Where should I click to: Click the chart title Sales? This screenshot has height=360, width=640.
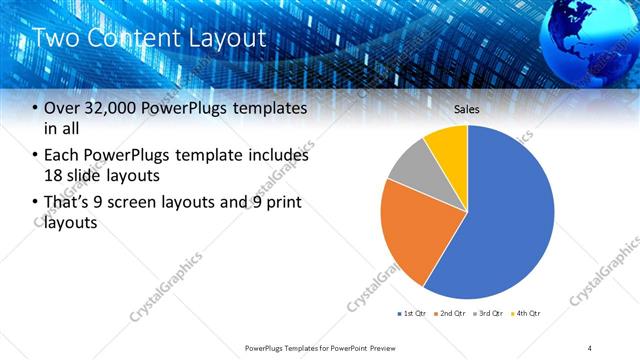[x=467, y=108]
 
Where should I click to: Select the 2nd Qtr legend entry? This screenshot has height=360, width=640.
[x=450, y=314]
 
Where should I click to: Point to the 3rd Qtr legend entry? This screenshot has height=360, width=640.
[x=488, y=314]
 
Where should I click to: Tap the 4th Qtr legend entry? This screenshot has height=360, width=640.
[x=525, y=314]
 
